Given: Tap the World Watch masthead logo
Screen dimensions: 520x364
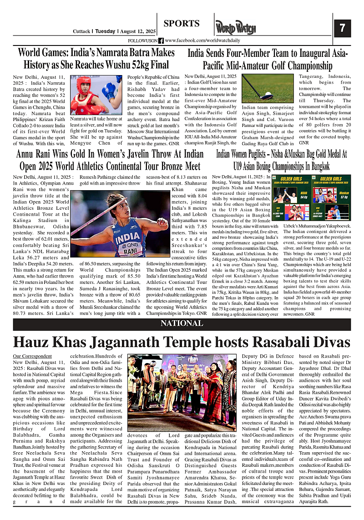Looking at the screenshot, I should coord(236,28).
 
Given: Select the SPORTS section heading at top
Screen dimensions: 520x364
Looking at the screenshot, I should coord(182,24).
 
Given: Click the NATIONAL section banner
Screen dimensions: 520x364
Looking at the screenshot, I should coord(182,323).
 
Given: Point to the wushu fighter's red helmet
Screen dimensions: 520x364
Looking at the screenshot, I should coord(83,84).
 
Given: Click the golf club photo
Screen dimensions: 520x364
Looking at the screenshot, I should coord(268,88).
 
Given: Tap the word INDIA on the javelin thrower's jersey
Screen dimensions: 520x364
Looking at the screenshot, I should coord(128,238).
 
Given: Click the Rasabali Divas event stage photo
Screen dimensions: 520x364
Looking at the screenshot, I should coord(182,393).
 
